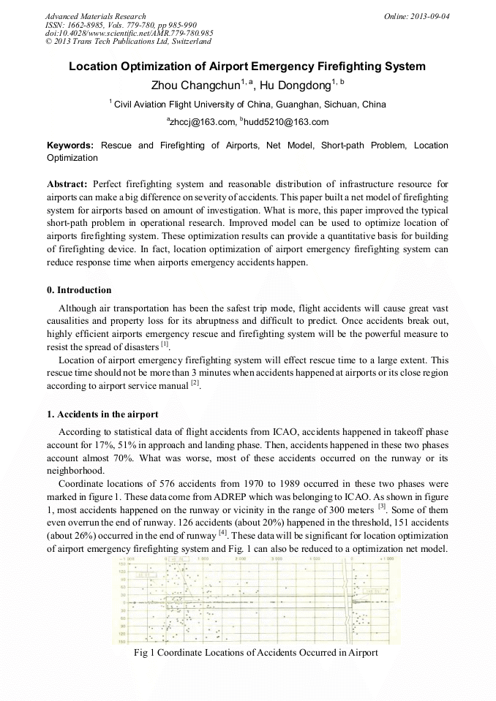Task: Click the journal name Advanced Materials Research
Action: [95, 16]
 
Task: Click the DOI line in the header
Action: [129, 33]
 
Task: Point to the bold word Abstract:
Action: [67, 183]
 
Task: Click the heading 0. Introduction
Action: [79, 290]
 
